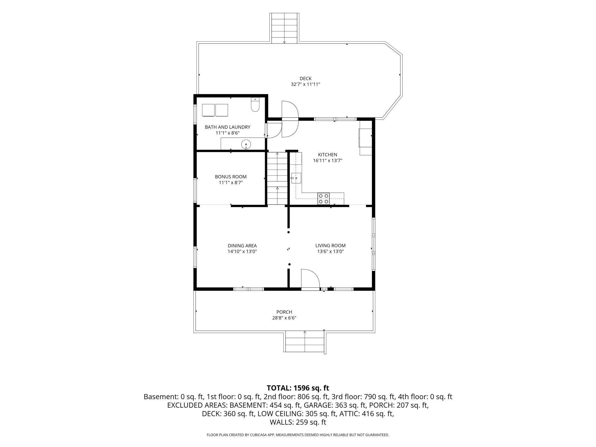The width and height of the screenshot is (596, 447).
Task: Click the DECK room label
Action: coord(305,79)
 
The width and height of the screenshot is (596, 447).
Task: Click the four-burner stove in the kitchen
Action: coord(324,199)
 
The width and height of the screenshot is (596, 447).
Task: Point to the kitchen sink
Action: coord(296,178)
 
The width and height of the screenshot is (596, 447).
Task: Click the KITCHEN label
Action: coord(328,155)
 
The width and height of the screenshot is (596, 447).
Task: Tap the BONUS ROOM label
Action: coord(231,177)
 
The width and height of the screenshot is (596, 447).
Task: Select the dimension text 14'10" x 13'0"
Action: coord(242,252)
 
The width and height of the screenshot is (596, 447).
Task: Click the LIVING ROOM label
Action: coord(330,246)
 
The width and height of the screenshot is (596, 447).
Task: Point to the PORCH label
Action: coord(284,312)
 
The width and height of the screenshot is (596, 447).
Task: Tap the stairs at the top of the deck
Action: coord(284,28)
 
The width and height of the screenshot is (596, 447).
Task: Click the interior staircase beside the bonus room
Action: coord(277,178)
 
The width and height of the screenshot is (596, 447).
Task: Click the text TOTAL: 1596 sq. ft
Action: coord(298,388)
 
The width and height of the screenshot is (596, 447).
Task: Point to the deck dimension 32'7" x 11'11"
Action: coord(305,84)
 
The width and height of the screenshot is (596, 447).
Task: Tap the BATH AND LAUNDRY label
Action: coord(228,127)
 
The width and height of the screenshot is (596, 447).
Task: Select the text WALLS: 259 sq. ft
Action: coord(298,422)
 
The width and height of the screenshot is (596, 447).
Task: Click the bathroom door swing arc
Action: coord(275,131)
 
